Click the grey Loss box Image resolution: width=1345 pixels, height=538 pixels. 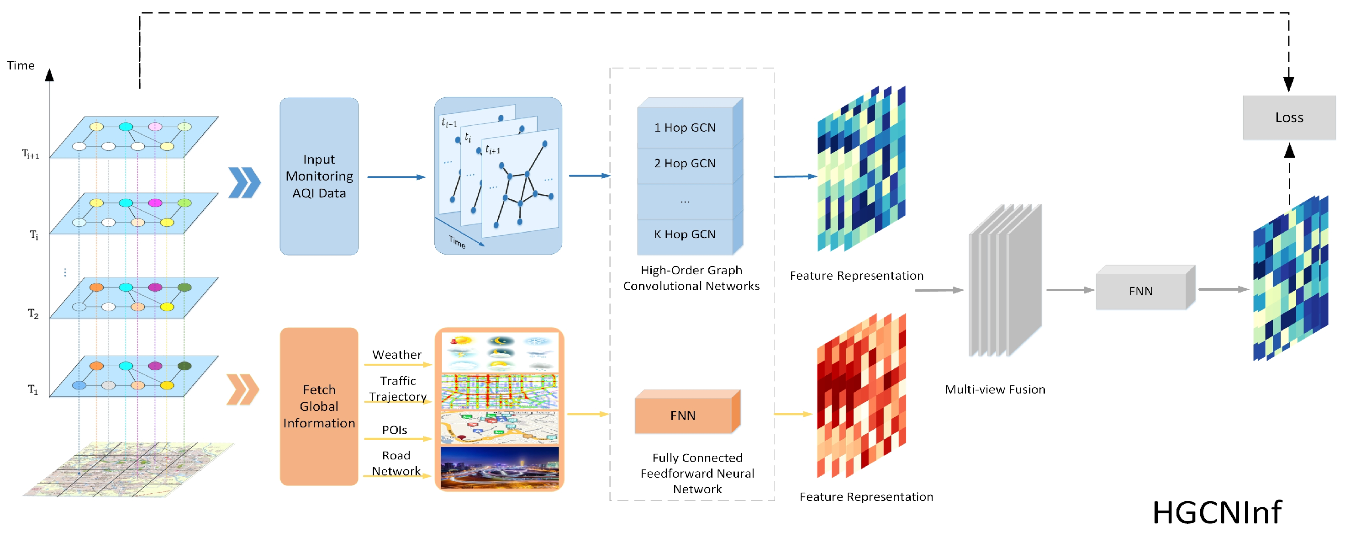click(x=1289, y=117)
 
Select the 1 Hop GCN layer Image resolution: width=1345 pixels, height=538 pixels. click(x=685, y=128)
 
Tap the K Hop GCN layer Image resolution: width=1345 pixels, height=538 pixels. click(x=685, y=234)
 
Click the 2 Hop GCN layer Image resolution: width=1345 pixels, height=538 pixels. click(x=685, y=163)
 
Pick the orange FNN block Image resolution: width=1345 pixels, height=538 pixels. click(x=683, y=415)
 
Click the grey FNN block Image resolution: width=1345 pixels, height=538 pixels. click(x=1140, y=291)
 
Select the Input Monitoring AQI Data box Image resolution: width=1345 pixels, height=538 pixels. click(x=319, y=176)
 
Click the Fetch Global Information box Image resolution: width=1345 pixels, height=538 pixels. click(x=319, y=406)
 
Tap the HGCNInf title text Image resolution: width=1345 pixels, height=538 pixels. click(x=1217, y=512)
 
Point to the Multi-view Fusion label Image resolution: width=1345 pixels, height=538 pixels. click(x=995, y=389)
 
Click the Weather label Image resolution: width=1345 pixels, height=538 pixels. click(x=397, y=355)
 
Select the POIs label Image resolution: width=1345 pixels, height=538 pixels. click(x=394, y=430)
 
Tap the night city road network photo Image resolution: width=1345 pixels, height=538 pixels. click(x=499, y=468)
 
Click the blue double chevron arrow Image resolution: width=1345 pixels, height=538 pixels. click(x=244, y=182)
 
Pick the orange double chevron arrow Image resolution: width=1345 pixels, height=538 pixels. click(x=242, y=389)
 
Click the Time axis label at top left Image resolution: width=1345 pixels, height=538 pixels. click(x=21, y=66)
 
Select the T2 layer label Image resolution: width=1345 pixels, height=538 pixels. click(x=33, y=314)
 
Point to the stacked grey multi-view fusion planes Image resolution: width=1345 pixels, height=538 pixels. click(x=1005, y=282)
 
